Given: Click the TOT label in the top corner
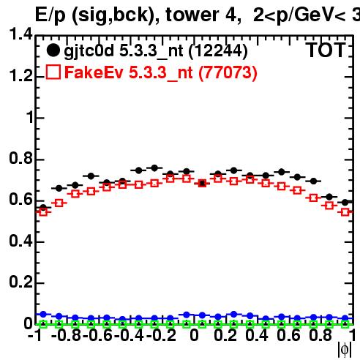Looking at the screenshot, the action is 326,50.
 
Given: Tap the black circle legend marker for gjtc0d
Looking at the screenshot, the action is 53,50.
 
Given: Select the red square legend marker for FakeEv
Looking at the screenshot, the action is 53,72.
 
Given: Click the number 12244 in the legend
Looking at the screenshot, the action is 218,51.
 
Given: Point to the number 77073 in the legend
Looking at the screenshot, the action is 228,72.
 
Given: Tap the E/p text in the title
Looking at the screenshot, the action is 50,15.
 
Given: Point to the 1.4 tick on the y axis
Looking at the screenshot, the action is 20,34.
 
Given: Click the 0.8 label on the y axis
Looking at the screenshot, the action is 20,158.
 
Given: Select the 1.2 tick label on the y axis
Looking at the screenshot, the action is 20,75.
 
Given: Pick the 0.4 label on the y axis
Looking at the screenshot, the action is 20,241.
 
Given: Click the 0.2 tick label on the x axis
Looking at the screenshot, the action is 225,336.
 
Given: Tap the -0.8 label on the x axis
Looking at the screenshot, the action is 66,336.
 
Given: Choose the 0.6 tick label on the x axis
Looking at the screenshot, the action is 288,336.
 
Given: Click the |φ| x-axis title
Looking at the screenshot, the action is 345,349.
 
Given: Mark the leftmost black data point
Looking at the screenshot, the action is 43,208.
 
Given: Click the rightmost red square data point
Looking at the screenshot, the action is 345,212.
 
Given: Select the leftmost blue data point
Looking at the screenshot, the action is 43,314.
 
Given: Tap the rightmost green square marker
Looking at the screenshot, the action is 345,324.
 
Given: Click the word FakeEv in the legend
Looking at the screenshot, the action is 94,72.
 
